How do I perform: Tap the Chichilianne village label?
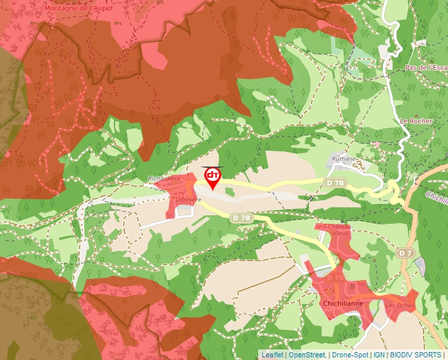tap(344, 304)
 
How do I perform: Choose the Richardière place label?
tap(163, 178)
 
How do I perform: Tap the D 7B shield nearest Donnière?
tap(242, 217)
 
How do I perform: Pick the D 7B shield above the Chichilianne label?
tap(335, 277)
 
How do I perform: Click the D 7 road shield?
tap(405, 253)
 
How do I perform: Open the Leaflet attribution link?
tap(272, 355)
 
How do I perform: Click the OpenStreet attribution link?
tap(307, 355)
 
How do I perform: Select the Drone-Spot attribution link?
tap(350, 355)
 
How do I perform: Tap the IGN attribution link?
tap(379, 355)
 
